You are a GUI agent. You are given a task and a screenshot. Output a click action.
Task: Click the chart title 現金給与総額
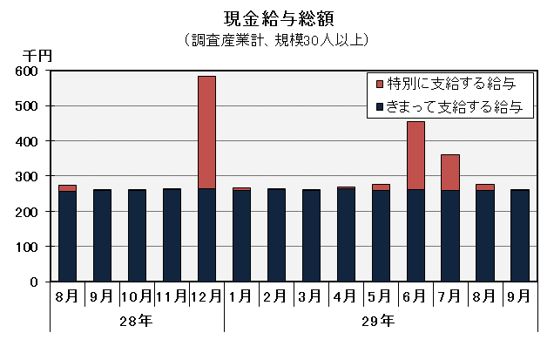[278, 17]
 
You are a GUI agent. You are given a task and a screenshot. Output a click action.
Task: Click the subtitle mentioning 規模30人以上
[278, 39]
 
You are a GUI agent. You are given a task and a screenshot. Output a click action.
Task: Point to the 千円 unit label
[38, 55]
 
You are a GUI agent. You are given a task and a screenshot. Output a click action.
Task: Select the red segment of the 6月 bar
[415, 155]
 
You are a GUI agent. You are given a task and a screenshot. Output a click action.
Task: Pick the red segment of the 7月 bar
[450, 172]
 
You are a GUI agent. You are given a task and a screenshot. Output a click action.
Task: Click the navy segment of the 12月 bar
[206, 234]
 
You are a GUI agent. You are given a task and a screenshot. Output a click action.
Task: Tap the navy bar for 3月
[311, 235]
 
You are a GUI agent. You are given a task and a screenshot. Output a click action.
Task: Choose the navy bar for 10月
[137, 235]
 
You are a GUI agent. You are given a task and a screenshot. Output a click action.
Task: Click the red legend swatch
[379, 85]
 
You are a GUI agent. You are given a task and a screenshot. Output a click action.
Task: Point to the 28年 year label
[137, 321]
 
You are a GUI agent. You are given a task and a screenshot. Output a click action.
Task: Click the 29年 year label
[380, 321]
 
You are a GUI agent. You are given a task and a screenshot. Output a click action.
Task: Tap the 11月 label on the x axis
[172, 295]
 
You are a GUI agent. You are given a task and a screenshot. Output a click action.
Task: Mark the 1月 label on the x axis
[241, 295]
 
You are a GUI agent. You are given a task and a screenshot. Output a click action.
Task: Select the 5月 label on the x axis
[381, 295]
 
